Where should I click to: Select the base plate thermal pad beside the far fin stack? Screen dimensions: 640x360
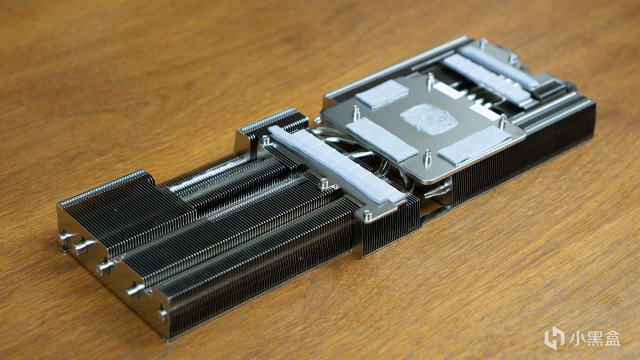[382, 93]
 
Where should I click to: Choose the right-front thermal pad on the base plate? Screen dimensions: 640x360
[474, 145]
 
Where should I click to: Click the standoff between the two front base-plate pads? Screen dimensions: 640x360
[427, 158]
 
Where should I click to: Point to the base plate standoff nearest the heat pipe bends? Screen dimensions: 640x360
[356, 113]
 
